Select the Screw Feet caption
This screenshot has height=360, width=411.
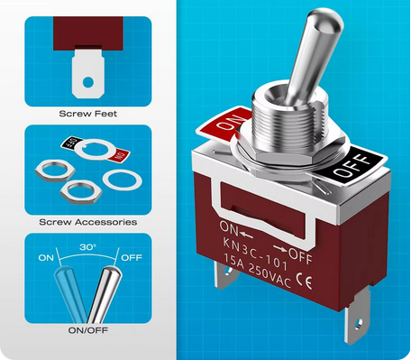[87, 114]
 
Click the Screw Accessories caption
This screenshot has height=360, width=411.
[87, 221]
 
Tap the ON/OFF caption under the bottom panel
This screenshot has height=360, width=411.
[87, 330]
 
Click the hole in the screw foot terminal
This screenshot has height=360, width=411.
[87, 83]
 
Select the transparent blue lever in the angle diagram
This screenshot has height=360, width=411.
[73, 285]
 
